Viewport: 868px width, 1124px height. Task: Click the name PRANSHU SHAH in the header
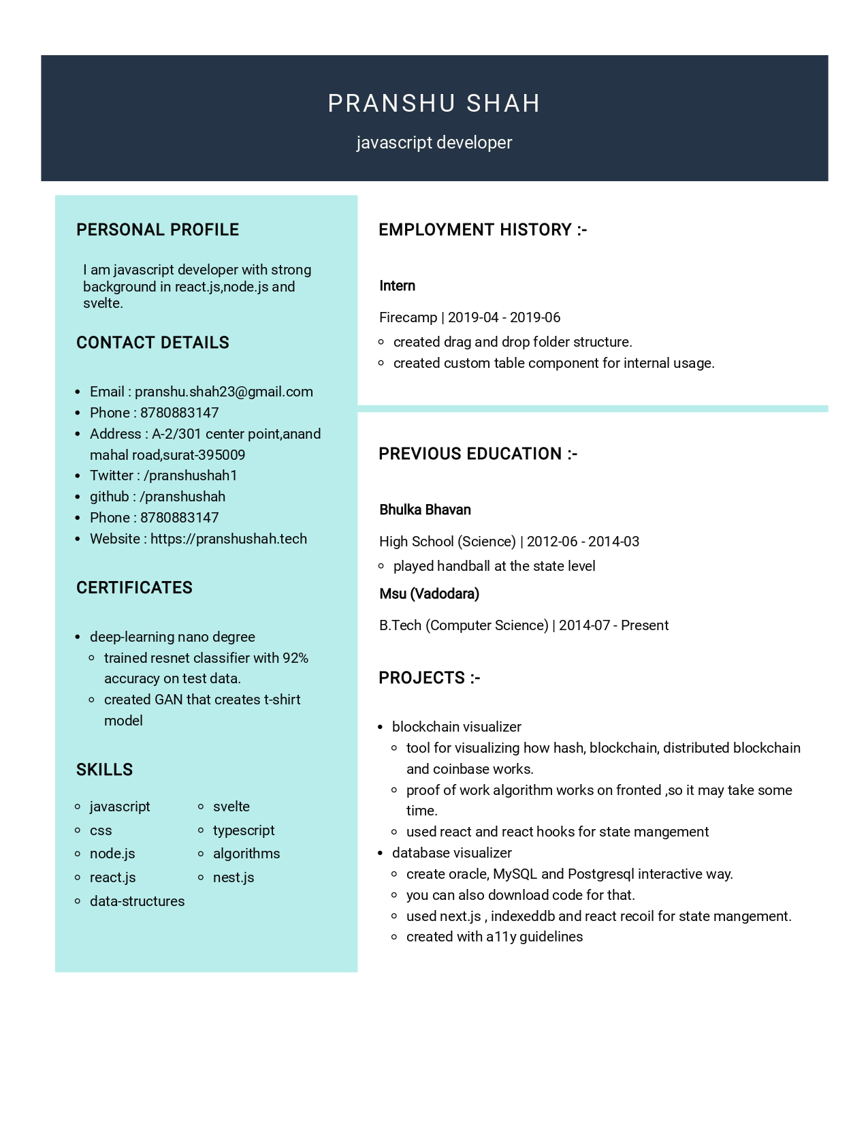click(434, 104)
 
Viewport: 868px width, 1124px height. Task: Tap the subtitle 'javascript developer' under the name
click(434, 142)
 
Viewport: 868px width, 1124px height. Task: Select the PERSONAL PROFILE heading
click(157, 230)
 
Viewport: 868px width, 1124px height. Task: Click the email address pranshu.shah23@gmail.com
click(223, 392)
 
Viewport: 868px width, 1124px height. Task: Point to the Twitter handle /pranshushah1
click(190, 475)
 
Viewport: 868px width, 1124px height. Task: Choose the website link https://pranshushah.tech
click(228, 539)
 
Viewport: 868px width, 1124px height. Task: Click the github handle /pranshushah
click(182, 497)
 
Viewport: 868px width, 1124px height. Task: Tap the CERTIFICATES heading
click(134, 588)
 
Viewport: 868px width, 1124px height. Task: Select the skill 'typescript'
click(243, 830)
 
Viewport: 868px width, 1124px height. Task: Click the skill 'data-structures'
click(137, 901)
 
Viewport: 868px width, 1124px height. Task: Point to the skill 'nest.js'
click(233, 877)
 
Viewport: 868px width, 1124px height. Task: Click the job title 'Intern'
click(397, 286)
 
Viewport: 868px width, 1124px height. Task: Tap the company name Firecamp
click(408, 317)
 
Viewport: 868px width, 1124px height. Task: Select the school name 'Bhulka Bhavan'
click(425, 510)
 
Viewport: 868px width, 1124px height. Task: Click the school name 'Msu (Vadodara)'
click(429, 594)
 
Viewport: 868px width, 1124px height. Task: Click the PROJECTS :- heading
click(429, 678)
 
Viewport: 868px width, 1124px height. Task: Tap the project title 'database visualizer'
click(451, 853)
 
